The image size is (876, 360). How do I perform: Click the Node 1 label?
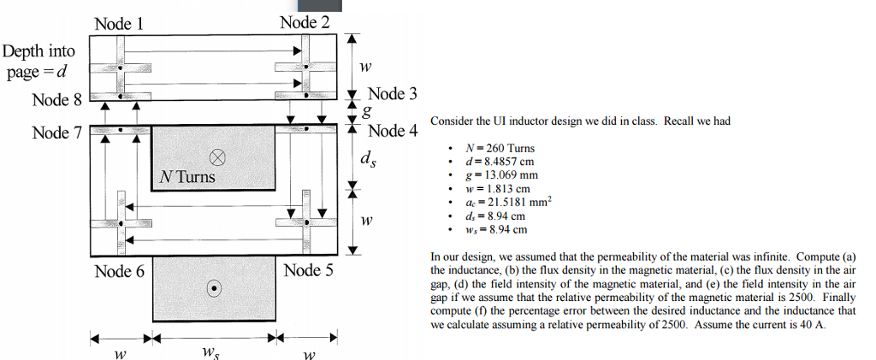pos(118,24)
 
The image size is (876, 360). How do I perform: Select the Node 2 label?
pos(305,22)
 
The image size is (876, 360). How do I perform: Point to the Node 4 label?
pos(393,131)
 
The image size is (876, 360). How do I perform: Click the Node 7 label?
pos(56,133)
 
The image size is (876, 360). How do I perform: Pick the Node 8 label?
pos(56,101)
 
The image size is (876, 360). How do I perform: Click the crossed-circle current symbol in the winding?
pos(217,157)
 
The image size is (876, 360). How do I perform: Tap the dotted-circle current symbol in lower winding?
pos(214,287)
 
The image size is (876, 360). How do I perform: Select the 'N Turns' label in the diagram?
pos(187,178)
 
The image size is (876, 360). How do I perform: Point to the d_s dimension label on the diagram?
pos(367,159)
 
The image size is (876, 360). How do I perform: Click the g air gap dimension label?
pos(368,112)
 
